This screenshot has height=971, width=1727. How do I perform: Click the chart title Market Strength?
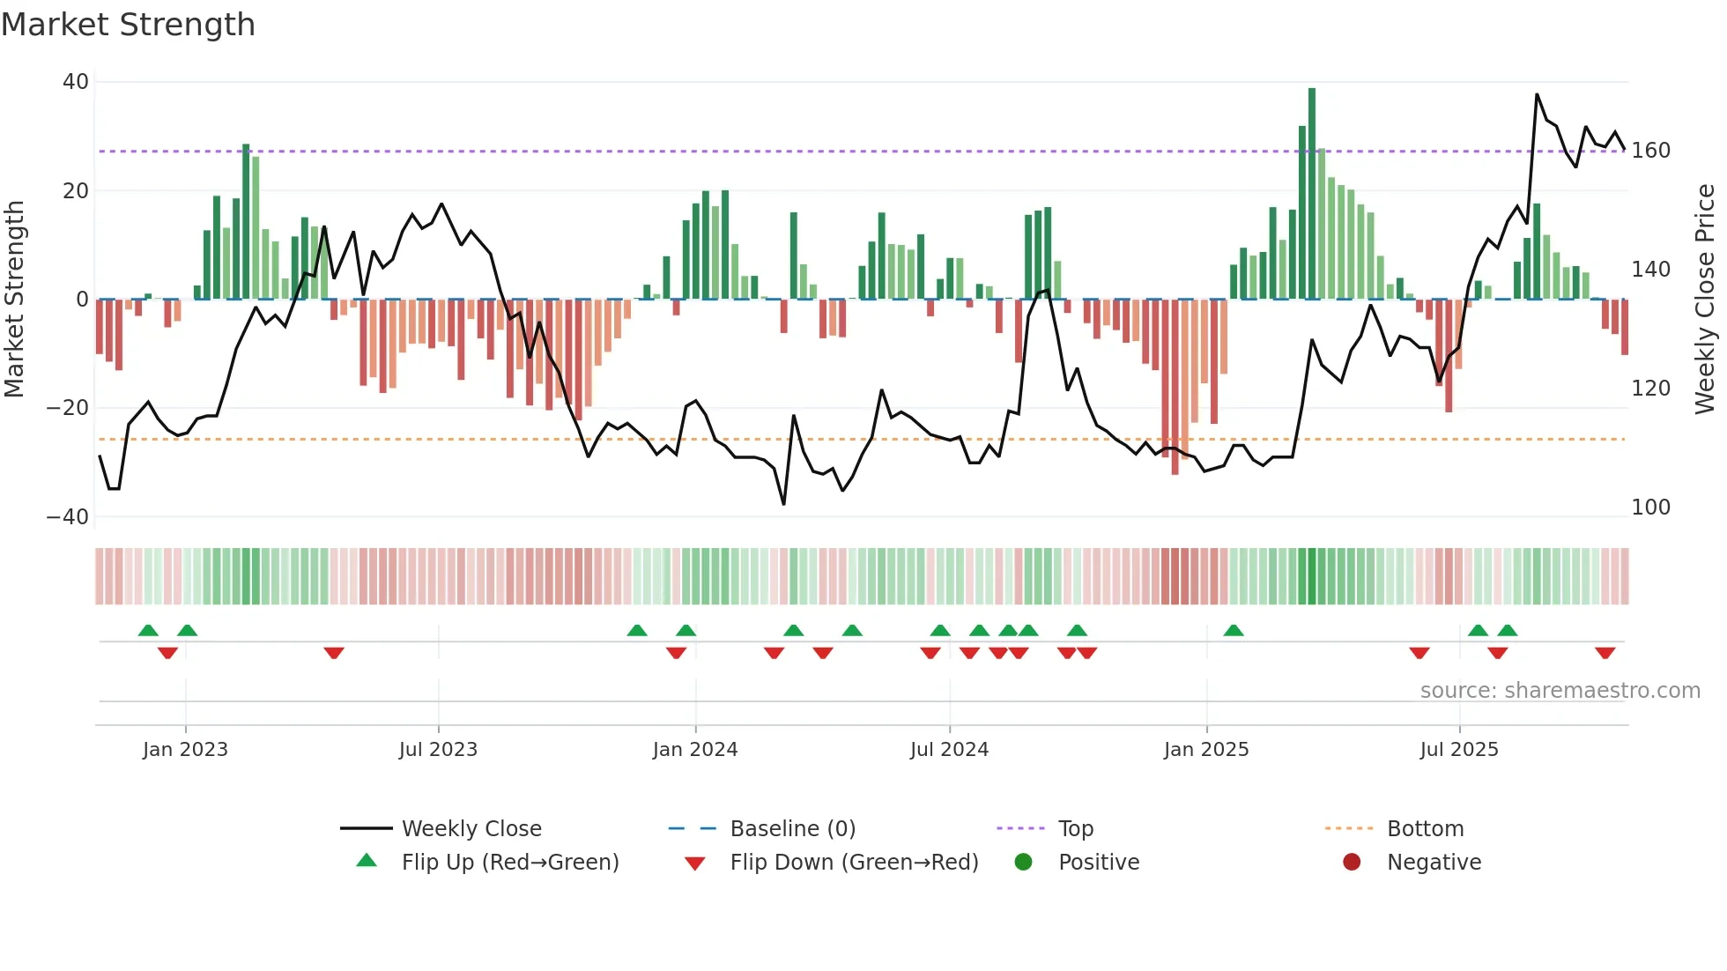click(x=129, y=25)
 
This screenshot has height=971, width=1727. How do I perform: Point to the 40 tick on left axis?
click(x=76, y=82)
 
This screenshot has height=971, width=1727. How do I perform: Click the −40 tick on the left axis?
click(x=68, y=517)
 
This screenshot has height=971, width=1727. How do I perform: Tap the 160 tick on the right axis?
click(x=1650, y=151)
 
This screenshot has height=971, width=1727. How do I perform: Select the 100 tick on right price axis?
click(x=1650, y=508)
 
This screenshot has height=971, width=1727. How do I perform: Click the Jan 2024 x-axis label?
click(x=694, y=750)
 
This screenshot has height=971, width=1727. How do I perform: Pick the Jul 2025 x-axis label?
click(x=1458, y=750)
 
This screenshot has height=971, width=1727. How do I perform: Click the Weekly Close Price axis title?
click(x=1705, y=300)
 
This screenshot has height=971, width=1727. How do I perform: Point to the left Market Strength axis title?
click(x=15, y=300)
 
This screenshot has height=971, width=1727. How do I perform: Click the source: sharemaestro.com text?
click(x=1560, y=691)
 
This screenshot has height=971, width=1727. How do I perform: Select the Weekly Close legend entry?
click(x=471, y=829)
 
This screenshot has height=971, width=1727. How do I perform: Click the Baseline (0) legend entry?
click(x=792, y=829)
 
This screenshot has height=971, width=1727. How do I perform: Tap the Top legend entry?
click(x=1075, y=829)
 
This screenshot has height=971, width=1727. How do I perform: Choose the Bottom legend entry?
click(x=1425, y=829)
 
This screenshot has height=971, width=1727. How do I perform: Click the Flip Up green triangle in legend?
click(x=367, y=861)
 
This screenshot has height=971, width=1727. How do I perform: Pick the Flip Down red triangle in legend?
click(x=694, y=864)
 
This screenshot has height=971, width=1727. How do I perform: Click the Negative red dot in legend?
click(x=1352, y=863)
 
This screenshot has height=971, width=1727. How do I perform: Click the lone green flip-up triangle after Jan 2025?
click(x=1234, y=630)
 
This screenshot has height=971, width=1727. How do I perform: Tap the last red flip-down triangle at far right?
click(x=1605, y=653)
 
